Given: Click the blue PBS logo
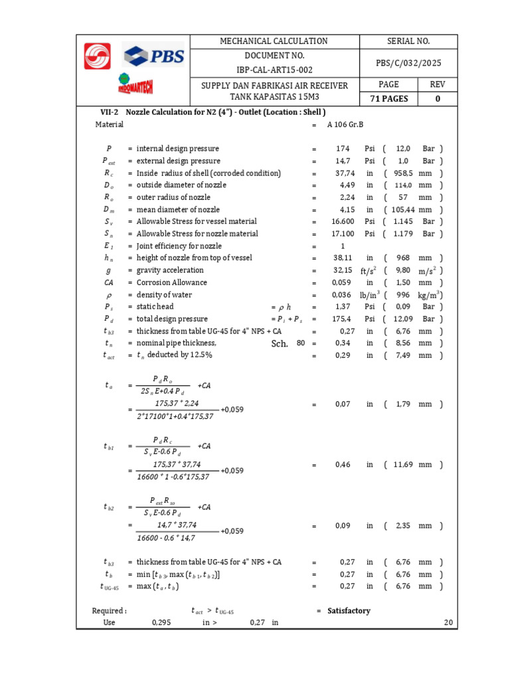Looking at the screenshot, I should (x=154, y=55).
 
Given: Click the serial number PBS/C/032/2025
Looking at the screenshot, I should (x=408, y=63).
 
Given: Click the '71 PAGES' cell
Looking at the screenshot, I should (x=388, y=99).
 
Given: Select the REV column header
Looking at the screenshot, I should (x=438, y=84).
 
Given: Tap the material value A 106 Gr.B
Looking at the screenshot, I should (x=345, y=124).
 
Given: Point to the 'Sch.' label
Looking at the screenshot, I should (x=280, y=344).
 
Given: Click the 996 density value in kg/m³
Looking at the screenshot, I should (x=404, y=295).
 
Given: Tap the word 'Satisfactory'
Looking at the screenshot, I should (x=349, y=611).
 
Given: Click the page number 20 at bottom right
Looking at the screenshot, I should (x=448, y=623).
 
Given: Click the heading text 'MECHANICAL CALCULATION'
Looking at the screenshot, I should (x=274, y=41).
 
